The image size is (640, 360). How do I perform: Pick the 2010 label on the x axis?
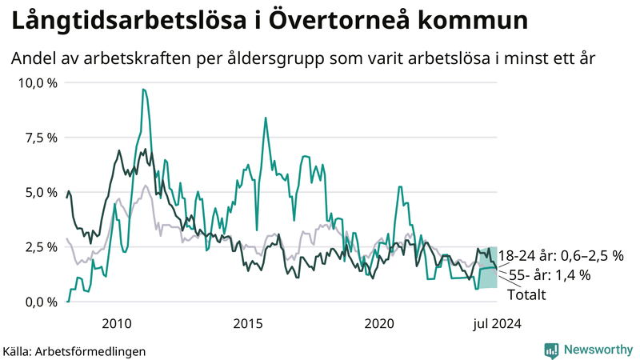pyautogui.click(x=117, y=323)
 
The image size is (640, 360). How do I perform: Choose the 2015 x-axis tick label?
pyautogui.click(x=248, y=323)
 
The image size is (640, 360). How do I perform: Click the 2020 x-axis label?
pyautogui.click(x=379, y=323)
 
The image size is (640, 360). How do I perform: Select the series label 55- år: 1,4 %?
pyautogui.click(x=550, y=275)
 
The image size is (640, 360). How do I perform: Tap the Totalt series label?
pyautogui.click(x=527, y=294)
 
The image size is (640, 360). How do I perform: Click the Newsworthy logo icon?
pyautogui.click(x=551, y=350)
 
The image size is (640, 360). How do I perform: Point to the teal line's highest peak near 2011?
pyautogui.click(x=143, y=90)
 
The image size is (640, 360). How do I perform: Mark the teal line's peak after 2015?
pyautogui.click(x=265, y=118)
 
